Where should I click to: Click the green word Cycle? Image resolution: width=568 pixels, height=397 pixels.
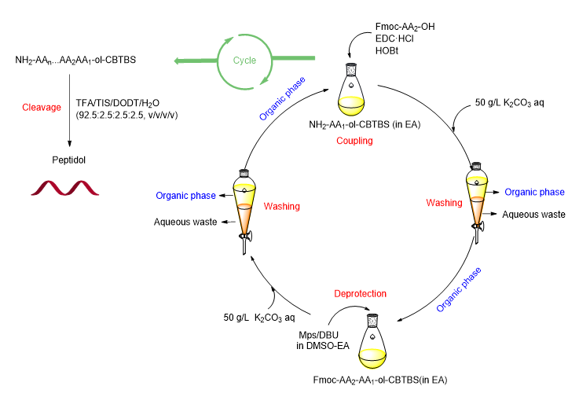pos(244,61)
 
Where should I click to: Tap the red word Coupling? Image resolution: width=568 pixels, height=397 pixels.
pos(354,141)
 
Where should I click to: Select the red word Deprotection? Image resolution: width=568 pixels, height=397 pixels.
pos(361,293)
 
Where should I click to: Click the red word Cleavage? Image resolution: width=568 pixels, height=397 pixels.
pos(41,107)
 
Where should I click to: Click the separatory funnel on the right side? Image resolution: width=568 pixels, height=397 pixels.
pos(478,197)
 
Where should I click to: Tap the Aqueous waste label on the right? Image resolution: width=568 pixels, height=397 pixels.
pos(533,214)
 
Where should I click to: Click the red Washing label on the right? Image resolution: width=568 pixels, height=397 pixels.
pos(444,203)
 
